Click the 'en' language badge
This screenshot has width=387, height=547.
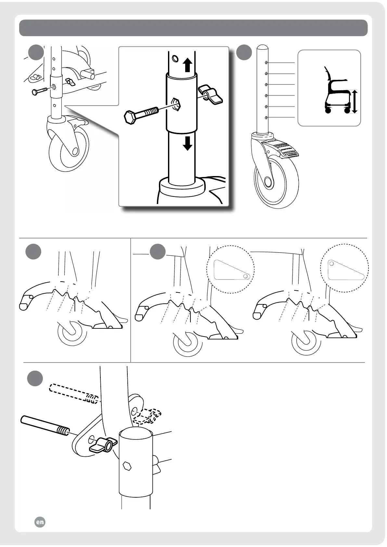(40, 522)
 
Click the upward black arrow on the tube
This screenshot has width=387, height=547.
(187, 65)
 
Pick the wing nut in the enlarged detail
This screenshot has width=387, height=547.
(211, 95)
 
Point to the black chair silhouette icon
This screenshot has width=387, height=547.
(336, 91)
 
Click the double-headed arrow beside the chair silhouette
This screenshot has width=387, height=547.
(354, 102)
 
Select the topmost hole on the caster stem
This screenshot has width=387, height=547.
(266, 62)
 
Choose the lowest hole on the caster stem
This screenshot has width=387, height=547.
(266, 117)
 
